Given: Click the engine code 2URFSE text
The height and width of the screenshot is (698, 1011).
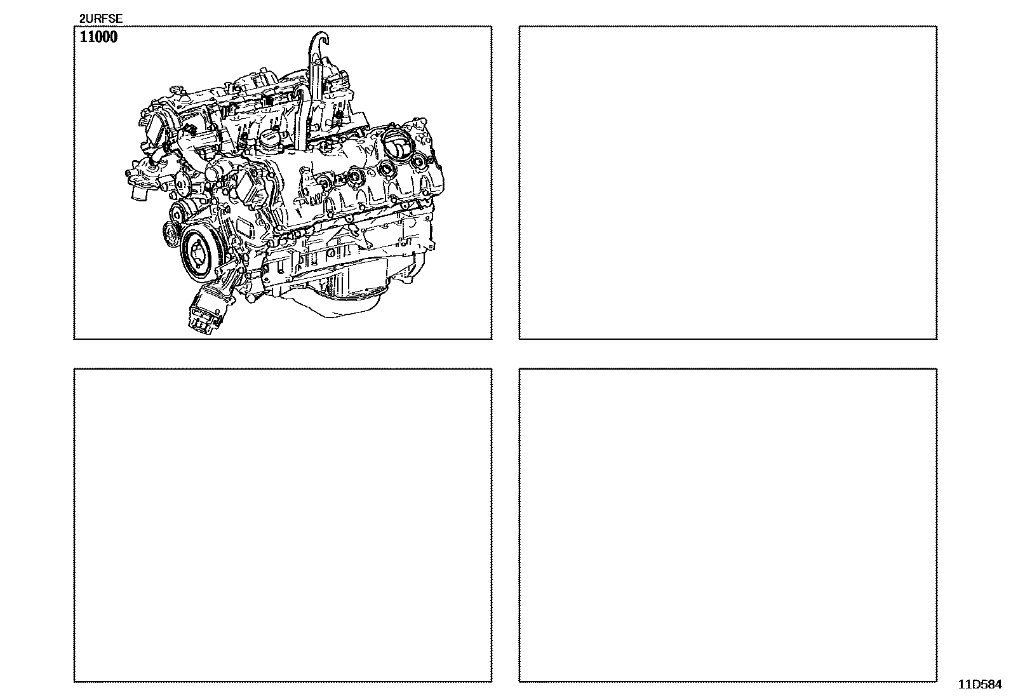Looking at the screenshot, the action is point(100,18).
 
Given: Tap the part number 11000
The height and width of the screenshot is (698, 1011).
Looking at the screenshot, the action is point(98,37).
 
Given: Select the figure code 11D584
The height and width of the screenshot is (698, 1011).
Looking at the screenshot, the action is point(980,685).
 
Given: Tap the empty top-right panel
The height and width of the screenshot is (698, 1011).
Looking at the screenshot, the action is point(728,182).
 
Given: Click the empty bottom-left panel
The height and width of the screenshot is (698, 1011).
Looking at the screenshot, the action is point(283,525).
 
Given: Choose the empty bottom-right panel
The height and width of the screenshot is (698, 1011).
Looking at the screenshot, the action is point(728,525).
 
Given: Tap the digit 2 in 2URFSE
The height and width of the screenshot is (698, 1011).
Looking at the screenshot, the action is point(82,18).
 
